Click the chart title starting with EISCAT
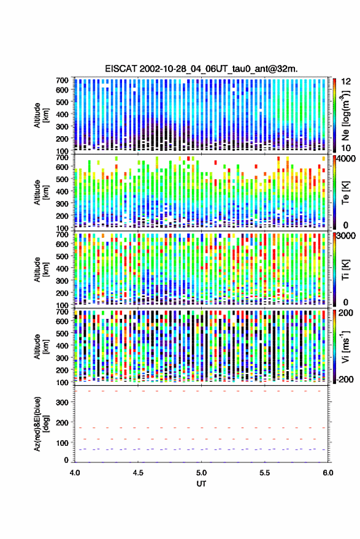[x=201, y=69]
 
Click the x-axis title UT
[x=201, y=484]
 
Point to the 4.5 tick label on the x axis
[x=138, y=473]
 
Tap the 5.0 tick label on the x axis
[x=201, y=473]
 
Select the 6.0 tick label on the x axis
[x=327, y=473]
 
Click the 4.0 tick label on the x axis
[x=75, y=473]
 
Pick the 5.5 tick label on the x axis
[x=264, y=473]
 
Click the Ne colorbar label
[x=345, y=115]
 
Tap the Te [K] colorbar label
[x=345, y=193]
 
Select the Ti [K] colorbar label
[x=345, y=270]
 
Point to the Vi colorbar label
[x=345, y=346]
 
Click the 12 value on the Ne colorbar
[x=347, y=82]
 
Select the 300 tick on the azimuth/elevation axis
[x=62, y=402]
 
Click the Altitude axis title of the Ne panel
[x=41, y=115]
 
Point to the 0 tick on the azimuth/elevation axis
[x=66, y=460]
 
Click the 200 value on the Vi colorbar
[x=346, y=313]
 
